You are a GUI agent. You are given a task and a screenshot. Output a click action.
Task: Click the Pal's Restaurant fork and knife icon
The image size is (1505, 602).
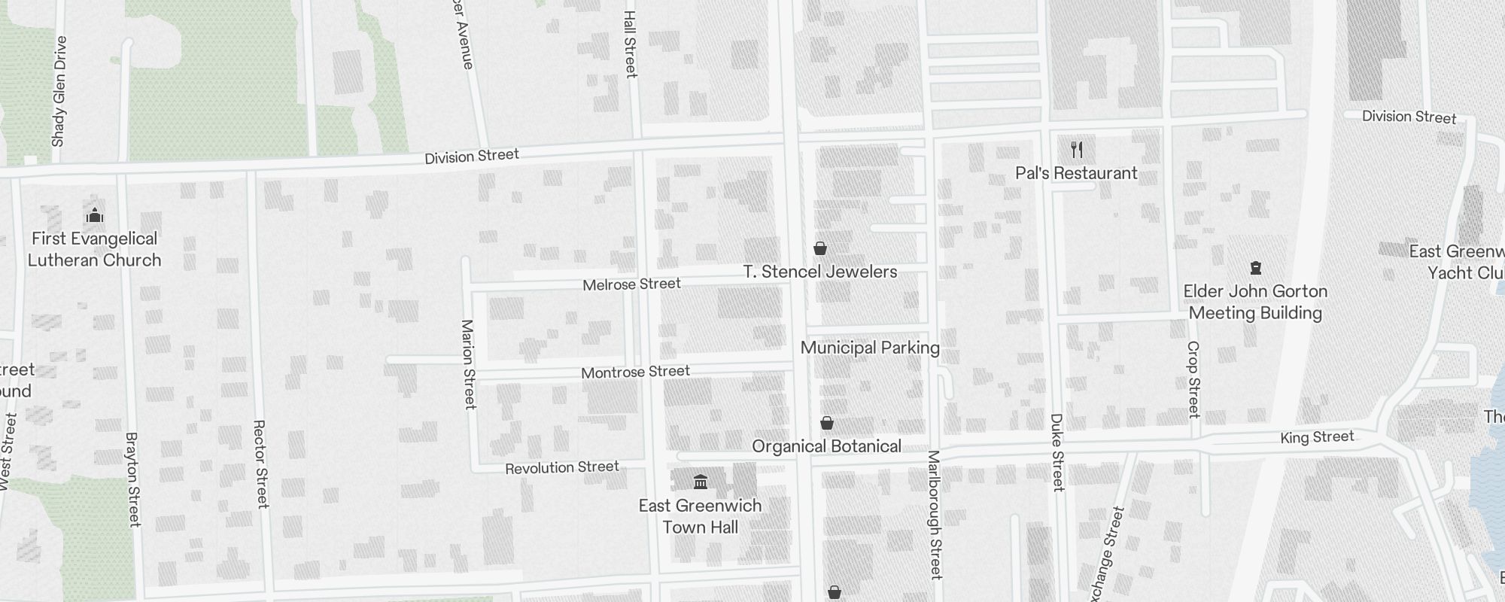pyautogui.click(x=1077, y=150)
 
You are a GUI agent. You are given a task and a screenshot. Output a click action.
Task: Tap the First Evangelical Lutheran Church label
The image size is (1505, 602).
pyautogui.click(x=95, y=249)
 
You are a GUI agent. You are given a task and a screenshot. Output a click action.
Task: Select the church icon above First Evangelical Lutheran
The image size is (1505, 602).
pyautogui.click(x=95, y=216)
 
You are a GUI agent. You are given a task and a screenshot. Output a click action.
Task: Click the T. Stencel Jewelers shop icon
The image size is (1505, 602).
pyautogui.click(x=820, y=248)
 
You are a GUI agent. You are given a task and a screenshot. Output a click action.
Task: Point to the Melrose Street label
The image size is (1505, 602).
pyautogui.click(x=631, y=284)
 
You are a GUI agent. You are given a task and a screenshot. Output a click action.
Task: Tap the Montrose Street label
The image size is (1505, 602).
pyautogui.click(x=635, y=372)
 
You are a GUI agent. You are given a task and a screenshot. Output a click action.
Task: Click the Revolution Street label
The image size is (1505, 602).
pyautogui.click(x=562, y=467)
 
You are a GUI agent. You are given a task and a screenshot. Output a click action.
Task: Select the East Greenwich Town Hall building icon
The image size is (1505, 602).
pyautogui.click(x=701, y=482)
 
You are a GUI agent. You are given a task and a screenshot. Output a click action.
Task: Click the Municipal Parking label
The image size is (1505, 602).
pyautogui.click(x=870, y=348)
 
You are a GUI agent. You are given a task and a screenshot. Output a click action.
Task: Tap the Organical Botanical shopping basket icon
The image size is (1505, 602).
pyautogui.click(x=827, y=423)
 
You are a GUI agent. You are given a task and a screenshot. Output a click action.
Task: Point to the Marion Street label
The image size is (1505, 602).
pyautogui.click(x=469, y=364)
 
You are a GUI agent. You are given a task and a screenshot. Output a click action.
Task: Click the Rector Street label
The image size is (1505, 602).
pyautogui.click(x=260, y=464)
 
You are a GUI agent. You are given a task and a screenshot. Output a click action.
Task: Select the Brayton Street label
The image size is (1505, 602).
pyautogui.click(x=132, y=479)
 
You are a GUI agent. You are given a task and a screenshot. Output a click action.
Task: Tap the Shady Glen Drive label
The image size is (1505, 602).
pyautogui.click(x=59, y=91)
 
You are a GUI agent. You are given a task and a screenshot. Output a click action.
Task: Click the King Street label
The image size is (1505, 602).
pyautogui.click(x=1317, y=437)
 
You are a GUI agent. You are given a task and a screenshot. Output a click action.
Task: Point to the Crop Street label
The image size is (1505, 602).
pyautogui.click(x=1193, y=379)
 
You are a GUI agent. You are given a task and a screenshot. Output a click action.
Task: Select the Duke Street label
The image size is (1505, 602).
pyautogui.click(x=1057, y=451)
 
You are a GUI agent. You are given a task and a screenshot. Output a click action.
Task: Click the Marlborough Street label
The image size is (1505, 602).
pyautogui.click(x=935, y=515)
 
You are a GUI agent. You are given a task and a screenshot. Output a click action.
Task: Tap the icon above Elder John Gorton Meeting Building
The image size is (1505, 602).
pyautogui.click(x=1255, y=268)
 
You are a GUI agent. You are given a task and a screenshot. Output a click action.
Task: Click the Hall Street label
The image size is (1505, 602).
pyautogui.click(x=631, y=43)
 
